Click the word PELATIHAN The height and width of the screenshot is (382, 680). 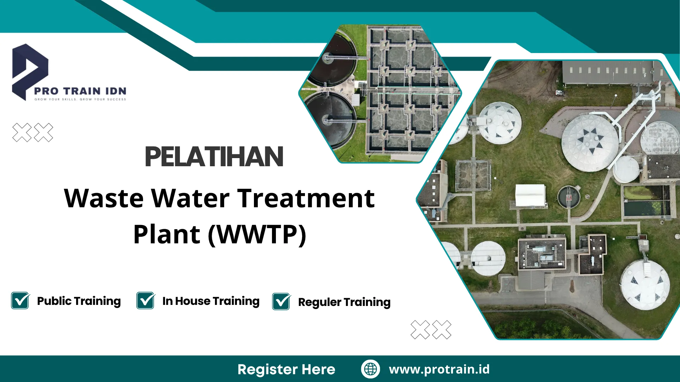214,157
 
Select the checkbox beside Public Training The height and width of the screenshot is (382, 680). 20,301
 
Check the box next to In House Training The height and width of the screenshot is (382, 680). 146,301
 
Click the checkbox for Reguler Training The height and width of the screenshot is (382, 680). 281,302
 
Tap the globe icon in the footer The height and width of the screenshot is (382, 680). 370,369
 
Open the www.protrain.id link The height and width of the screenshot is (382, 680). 439,369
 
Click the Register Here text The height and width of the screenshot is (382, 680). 286,369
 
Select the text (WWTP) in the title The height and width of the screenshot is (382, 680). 257,234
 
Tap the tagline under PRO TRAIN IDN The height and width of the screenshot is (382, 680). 80,99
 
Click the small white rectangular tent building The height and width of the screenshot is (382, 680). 530,195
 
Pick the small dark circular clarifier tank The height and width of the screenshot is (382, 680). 568,197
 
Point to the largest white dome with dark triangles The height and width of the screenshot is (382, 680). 590,142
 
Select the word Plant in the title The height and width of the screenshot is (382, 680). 167,234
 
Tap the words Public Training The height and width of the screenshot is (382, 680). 79,301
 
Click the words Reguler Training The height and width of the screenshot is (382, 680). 344,302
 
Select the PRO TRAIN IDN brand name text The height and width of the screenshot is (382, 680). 80,91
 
